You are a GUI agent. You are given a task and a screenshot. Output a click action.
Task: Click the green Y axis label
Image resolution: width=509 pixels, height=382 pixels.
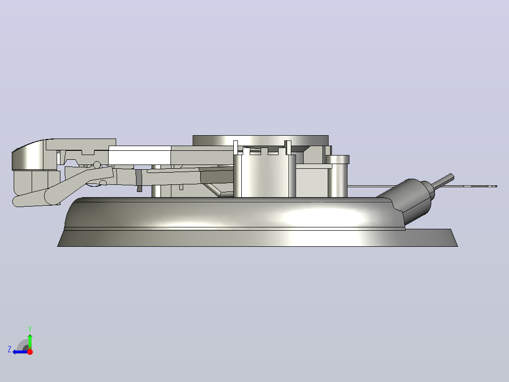[30, 329]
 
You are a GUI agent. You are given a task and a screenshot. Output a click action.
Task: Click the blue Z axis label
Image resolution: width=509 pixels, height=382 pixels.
[9, 349]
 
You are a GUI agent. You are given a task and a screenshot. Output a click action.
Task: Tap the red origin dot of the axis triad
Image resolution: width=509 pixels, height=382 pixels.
[30, 352]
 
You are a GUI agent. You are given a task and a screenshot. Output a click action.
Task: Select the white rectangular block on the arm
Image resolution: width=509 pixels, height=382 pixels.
[140, 156]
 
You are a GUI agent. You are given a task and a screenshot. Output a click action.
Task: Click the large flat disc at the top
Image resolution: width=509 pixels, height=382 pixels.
[260, 140]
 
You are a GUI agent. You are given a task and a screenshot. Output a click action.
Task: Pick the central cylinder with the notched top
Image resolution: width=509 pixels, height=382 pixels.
[264, 174]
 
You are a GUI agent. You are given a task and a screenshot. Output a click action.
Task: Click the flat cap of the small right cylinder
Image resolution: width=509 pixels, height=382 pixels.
[337, 159]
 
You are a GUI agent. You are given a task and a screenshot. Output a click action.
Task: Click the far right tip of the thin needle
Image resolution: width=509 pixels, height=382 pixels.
[497, 186]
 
